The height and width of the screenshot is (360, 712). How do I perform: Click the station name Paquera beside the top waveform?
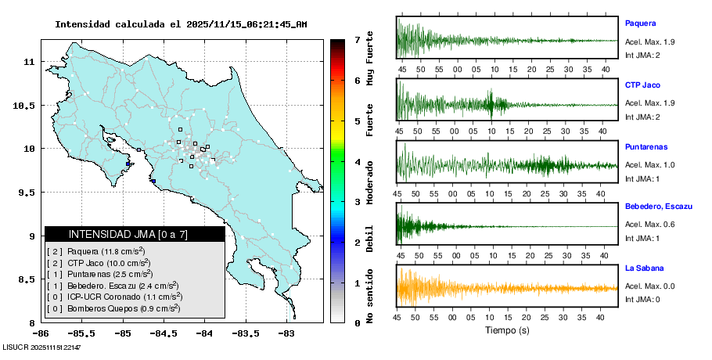[x=640, y=23]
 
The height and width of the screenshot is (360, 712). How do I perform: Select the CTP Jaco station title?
[x=644, y=85]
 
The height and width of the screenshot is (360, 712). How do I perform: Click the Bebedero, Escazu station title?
[x=659, y=207]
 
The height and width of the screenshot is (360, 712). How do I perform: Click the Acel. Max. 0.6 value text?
[x=649, y=225]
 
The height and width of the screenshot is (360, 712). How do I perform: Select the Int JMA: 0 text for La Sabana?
[x=642, y=300]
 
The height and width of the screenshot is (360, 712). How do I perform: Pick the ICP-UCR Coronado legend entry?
[x=114, y=297]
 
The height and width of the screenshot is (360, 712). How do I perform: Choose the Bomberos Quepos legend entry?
[x=114, y=308]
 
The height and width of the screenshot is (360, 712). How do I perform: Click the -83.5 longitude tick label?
[x=245, y=334]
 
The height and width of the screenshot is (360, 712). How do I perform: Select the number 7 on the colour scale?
[x=357, y=39]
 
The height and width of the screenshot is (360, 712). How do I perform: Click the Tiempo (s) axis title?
[x=507, y=330]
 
